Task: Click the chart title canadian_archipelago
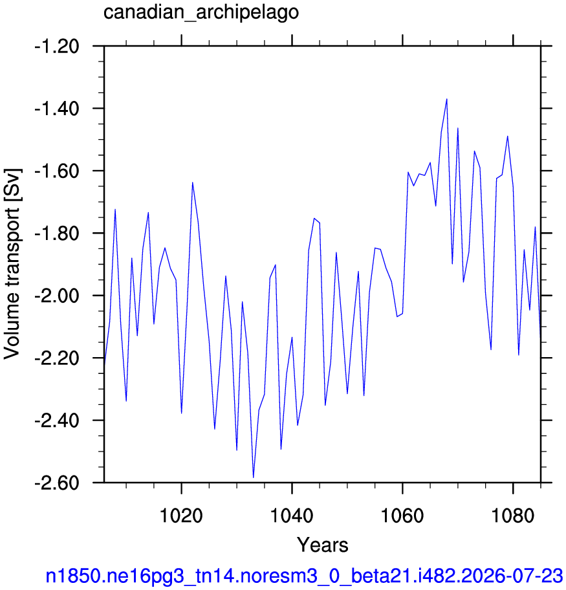pyautogui.click(x=201, y=13)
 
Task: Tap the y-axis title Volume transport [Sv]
pyautogui.click(x=12, y=263)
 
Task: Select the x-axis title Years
pyautogui.click(x=323, y=545)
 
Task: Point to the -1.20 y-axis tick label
pyautogui.click(x=57, y=47)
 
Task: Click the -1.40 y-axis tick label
pyautogui.click(x=57, y=109)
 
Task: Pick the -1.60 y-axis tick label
pyautogui.click(x=57, y=171)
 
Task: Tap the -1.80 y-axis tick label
pyautogui.click(x=57, y=234)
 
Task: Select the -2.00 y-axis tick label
pyautogui.click(x=57, y=296)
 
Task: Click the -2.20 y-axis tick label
pyautogui.click(x=57, y=358)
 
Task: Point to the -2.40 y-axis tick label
pyautogui.click(x=57, y=421)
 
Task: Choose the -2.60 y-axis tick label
pyautogui.click(x=57, y=483)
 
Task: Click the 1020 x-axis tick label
pyautogui.click(x=181, y=516)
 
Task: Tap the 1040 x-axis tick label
pyautogui.click(x=292, y=516)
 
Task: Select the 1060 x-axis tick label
pyautogui.click(x=402, y=516)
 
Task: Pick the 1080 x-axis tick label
pyautogui.click(x=513, y=516)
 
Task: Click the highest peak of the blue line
pyautogui.click(x=447, y=99)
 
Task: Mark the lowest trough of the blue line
pyautogui.click(x=254, y=477)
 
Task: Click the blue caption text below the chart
pyautogui.click(x=304, y=576)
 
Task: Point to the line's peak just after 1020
pyautogui.click(x=192, y=182)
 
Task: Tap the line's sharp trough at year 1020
pyautogui.click(x=181, y=413)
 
